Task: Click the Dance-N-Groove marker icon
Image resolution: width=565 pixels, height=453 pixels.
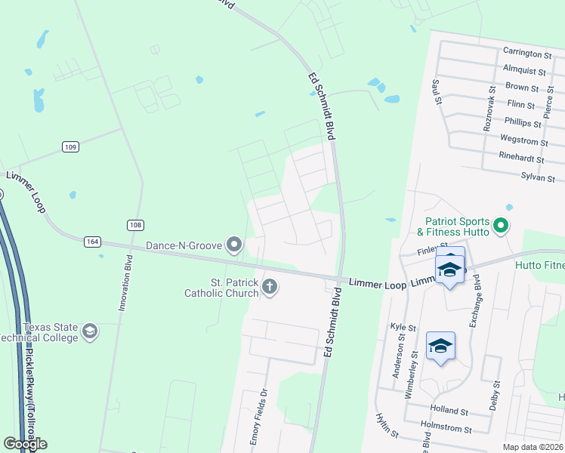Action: point(235,244)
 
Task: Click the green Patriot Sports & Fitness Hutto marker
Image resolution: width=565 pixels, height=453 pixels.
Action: point(500,225)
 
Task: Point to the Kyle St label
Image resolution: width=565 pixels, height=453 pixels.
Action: point(403,328)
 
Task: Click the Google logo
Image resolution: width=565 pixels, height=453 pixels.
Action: point(25,444)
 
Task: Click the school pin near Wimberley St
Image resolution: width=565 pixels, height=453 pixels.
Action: point(441,347)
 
